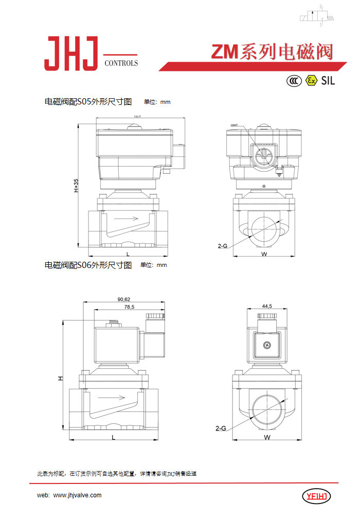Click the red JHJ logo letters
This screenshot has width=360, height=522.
70,53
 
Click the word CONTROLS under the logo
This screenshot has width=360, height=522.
121,63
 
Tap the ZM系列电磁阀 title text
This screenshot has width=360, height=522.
272,52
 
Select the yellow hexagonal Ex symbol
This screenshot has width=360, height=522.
310,80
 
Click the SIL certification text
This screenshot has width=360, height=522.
328,80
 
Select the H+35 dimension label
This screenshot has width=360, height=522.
76,186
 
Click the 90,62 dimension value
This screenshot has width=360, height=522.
123,299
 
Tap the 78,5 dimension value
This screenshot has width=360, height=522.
129,307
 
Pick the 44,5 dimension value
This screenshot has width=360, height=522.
266,306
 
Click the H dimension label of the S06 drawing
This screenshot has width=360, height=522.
60,378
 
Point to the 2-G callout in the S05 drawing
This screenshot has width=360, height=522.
222,246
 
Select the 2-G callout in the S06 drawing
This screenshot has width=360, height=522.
221,427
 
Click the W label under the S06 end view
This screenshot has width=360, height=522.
267,437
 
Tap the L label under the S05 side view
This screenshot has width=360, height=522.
127,254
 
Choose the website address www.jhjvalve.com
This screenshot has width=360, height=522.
77,495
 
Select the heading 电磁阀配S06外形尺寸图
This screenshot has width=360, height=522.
88,265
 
